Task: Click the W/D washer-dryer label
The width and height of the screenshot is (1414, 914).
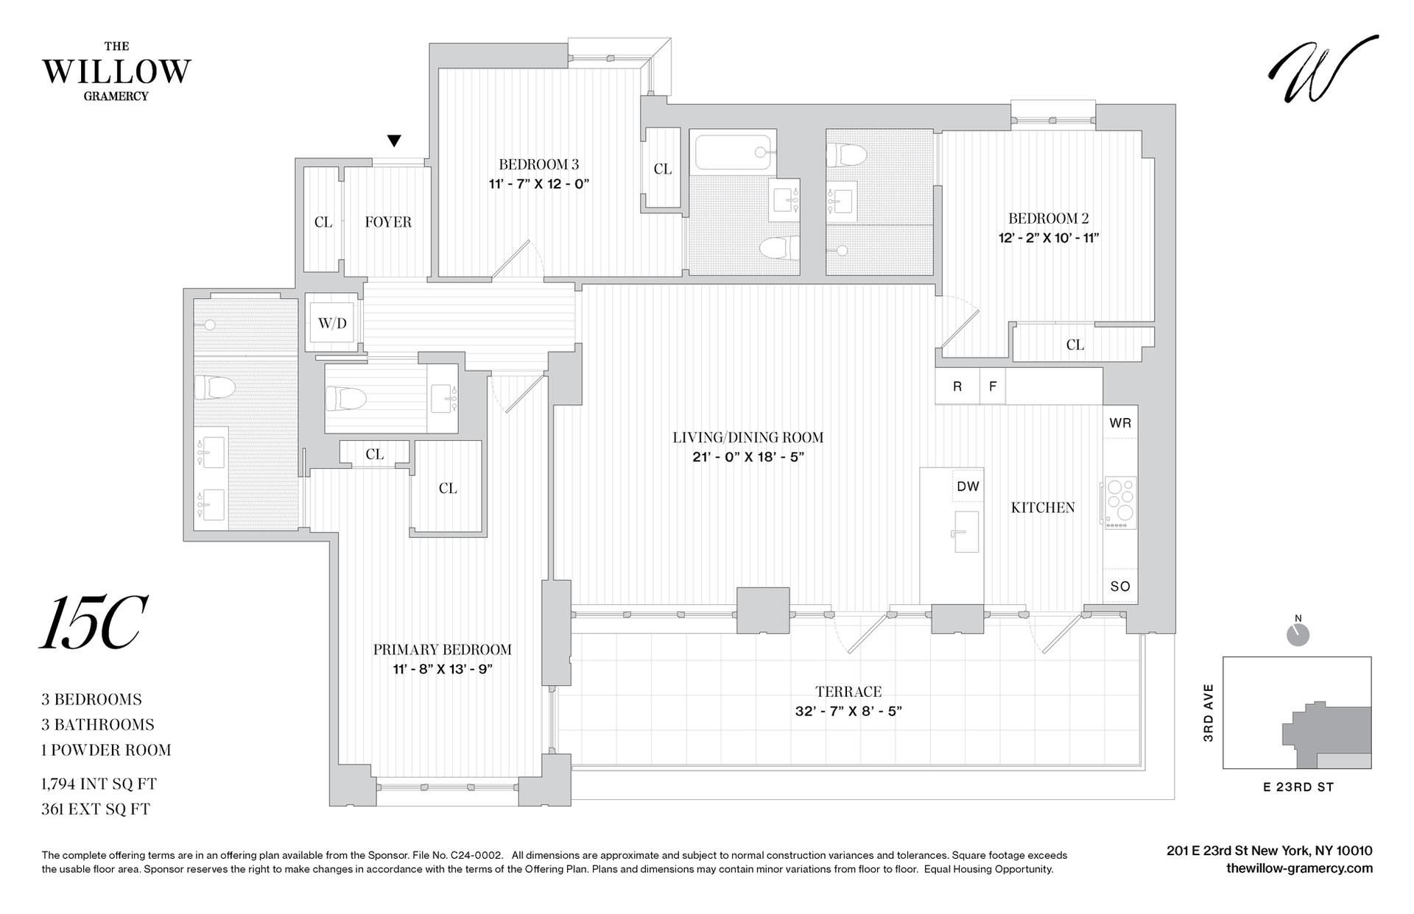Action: pos(332,324)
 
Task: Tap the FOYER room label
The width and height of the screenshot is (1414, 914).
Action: pos(388,222)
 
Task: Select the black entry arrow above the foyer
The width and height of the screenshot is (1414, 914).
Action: pos(395,141)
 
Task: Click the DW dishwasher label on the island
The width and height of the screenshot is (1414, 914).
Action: pos(968,486)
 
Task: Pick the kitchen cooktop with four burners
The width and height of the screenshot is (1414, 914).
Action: pos(1119,502)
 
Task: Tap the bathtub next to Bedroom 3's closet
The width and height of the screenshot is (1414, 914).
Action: pos(733,153)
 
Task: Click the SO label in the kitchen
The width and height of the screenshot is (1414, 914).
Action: pos(1120,587)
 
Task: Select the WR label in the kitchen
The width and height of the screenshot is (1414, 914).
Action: pos(1120,423)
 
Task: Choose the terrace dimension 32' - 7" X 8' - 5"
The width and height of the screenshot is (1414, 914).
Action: pos(848,712)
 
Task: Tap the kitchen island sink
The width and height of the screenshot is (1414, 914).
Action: pos(965,531)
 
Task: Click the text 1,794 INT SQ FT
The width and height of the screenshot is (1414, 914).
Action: pos(99,784)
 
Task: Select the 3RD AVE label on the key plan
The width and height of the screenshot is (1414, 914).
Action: pos(1208,712)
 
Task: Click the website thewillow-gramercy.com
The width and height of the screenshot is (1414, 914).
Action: pos(1299,868)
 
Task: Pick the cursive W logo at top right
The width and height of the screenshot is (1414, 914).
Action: pos(1323,69)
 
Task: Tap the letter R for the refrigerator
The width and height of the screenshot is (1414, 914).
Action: pos(957,386)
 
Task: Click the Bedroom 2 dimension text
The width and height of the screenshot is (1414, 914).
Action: pos(1049,238)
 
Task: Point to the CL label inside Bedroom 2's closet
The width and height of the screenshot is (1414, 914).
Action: pos(1075,345)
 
